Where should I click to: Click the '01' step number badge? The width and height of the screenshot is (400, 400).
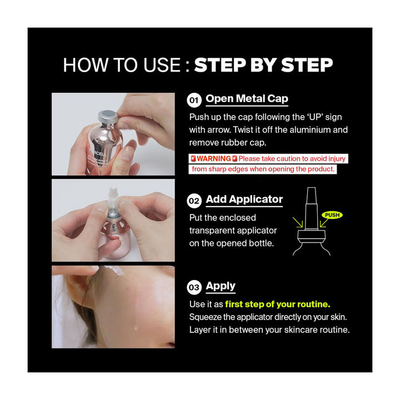(x=194, y=101)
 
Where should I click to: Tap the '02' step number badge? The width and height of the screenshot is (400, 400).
(x=194, y=201)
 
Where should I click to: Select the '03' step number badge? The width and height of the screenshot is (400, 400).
(x=194, y=287)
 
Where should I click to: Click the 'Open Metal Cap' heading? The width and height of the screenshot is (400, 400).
(x=247, y=99)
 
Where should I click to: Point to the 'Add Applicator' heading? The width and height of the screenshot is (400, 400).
(x=244, y=199)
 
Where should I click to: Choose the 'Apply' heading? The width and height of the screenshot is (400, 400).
(x=221, y=286)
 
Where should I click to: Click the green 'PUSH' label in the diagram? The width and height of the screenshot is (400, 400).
(x=332, y=215)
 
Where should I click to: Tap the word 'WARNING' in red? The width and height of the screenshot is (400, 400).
(x=214, y=159)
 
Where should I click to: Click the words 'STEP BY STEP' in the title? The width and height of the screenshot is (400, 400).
(x=263, y=65)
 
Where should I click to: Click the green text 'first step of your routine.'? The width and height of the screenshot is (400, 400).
(x=278, y=304)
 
